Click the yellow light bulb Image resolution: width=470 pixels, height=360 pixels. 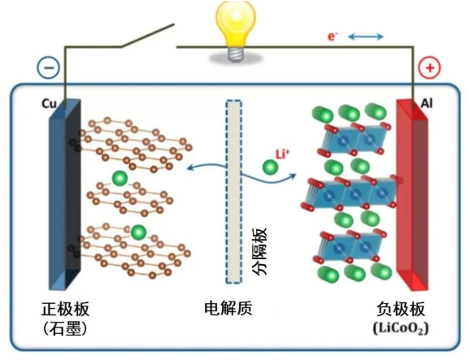point(236,28)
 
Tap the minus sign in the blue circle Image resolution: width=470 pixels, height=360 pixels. point(49,67)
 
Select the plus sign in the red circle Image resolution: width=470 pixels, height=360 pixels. point(430,67)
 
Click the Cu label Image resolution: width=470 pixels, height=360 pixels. point(49,104)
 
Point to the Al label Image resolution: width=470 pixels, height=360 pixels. point(427,104)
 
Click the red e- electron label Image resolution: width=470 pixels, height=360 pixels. point(333,37)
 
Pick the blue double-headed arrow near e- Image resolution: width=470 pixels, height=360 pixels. point(366,37)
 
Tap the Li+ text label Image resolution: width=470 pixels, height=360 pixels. point(283,154)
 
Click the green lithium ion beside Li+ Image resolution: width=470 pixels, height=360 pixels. point(270,167)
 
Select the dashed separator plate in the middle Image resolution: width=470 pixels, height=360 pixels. point(234,192)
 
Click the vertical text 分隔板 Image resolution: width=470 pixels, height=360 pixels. point(259,251)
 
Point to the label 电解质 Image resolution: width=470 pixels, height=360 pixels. point(228,308)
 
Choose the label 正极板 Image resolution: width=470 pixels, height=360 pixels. point(65,309)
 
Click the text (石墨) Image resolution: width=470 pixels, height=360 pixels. point(65,328)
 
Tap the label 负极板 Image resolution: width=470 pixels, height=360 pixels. point(401,309)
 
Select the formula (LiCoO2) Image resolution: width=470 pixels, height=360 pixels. point(401,328)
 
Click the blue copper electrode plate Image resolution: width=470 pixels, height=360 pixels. point(65,195)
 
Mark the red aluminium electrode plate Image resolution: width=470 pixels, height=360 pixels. point(412,195)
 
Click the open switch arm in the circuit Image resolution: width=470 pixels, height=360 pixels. point(147,36)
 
